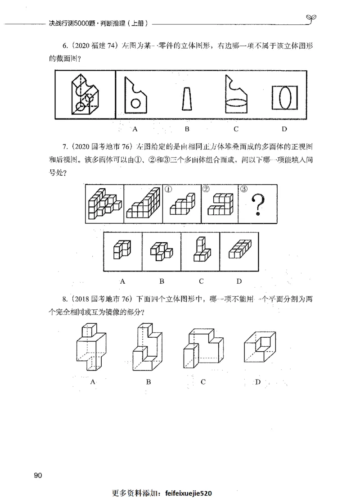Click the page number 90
pos(38,476)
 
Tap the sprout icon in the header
pos(310,18)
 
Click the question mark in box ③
pos(258,205)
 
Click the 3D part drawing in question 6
pos(84,95)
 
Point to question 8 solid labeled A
pos(91,347)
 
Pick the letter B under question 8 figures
pos(148,382)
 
